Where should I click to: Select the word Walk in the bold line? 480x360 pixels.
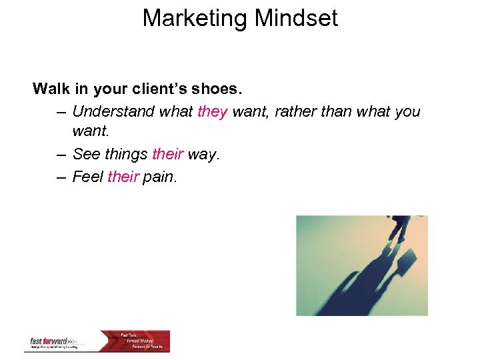pos(51,89)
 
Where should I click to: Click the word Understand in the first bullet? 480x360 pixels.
pos(113,111)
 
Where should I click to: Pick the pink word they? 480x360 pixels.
pos(213,111)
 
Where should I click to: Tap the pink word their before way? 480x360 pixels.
pos(167,155)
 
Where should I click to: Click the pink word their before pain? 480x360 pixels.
pos(123,177)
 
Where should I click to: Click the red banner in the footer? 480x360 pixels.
pos(143,340)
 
